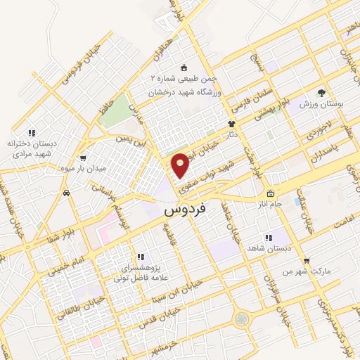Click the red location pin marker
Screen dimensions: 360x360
tap(181, 165)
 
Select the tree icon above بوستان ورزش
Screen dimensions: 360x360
tap(321, 92)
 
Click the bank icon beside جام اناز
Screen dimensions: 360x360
tap(269, 194)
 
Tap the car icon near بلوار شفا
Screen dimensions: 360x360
tap(66, 192)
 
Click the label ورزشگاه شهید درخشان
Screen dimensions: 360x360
tap(184, 91)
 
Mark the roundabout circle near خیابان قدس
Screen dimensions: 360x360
tap(242, 319)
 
